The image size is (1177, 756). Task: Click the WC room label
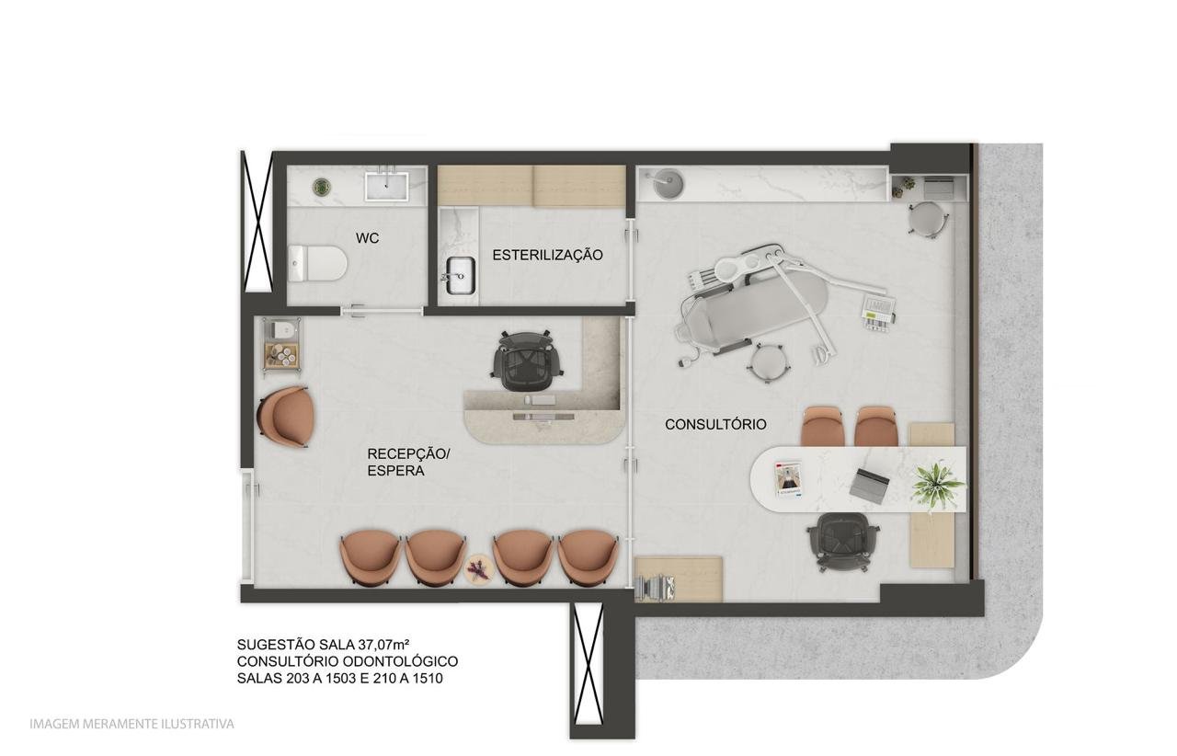367,238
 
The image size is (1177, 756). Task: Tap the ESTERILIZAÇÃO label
547,255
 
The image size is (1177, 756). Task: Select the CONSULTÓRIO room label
715,424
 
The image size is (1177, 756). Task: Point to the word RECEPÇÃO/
409,453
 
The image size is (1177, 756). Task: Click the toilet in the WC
317,263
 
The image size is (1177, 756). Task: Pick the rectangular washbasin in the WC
387,184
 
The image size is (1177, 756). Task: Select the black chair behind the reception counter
527,361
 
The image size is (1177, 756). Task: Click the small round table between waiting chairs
478,568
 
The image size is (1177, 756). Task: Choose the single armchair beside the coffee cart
285,418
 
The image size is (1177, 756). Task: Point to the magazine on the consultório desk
789,479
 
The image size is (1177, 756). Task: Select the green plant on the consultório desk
937,485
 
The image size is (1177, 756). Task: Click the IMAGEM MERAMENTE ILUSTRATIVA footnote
131,725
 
